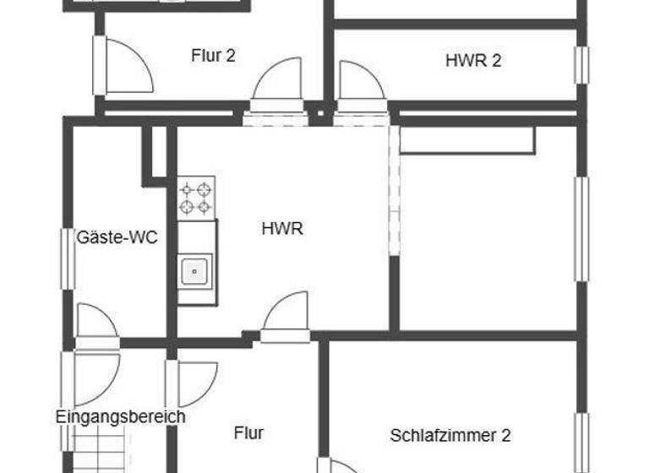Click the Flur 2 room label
pos(213,57)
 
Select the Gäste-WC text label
pos(117,237)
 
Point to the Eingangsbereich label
pos(120,416)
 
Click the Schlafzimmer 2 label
pos(450,436)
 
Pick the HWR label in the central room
pos(282,229)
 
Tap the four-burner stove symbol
pos(195,198)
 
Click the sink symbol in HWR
pos(195,272)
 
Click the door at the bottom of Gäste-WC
pos(96,323)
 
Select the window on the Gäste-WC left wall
pos(67,258)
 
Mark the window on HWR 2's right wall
pos(581,65)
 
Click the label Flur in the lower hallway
pos(248,433)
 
